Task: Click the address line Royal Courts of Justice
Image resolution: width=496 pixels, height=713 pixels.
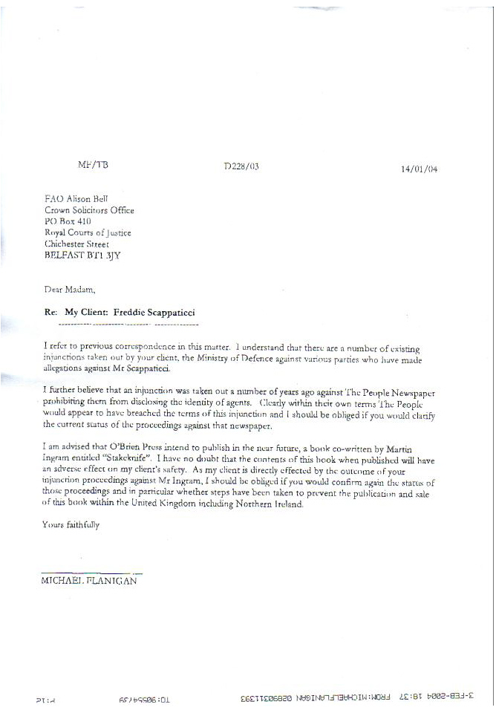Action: coord(88,232)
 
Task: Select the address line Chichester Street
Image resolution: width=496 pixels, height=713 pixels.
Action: coord(76,244)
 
